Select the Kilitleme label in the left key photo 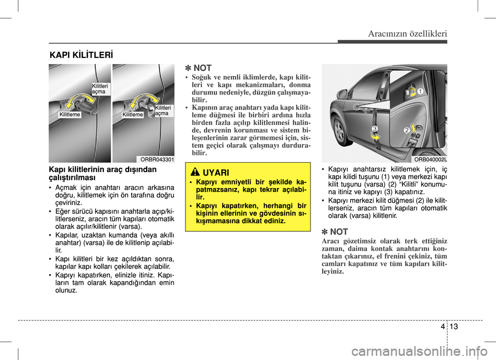tap(70, 115)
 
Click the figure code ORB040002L tap(430, 160)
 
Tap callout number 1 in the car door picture tap(421, 91)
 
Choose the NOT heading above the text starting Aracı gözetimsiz tap(334, 232)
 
